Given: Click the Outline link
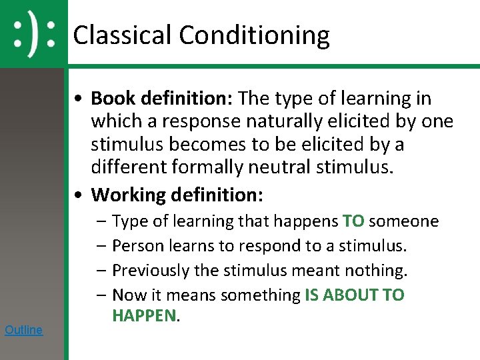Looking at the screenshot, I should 23,329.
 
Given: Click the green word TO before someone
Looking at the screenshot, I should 353,221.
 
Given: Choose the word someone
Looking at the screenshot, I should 404,221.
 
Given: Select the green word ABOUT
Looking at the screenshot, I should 353,295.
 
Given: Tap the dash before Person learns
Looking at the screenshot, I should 101,246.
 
